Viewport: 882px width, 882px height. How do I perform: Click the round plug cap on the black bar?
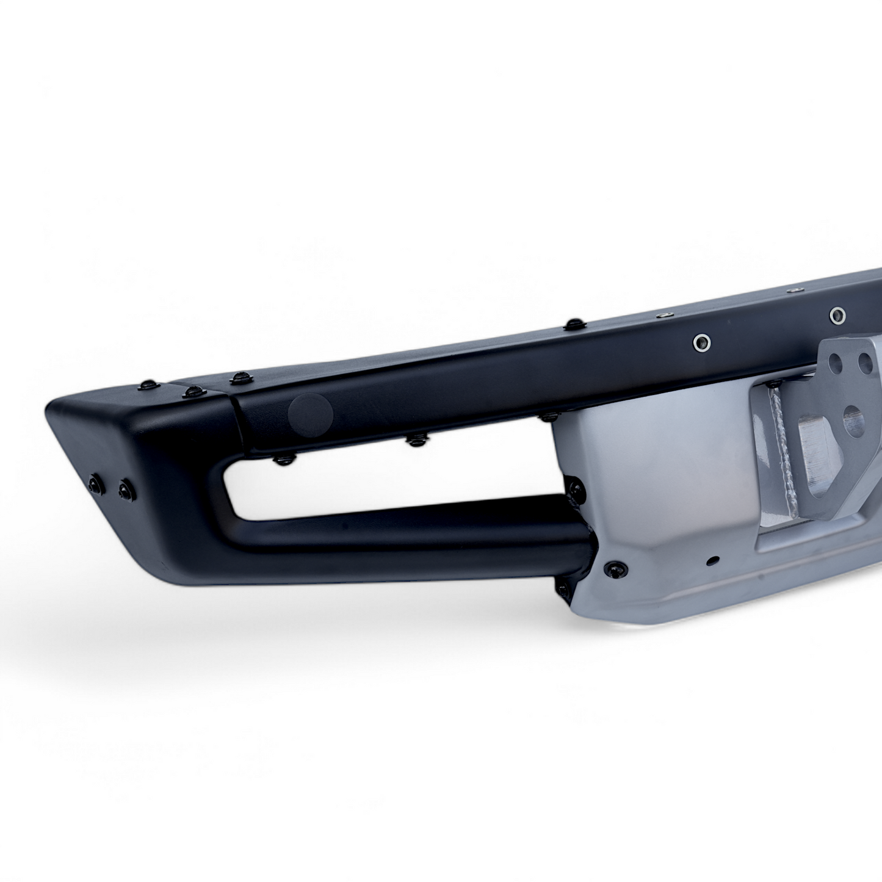[x=310, y=413]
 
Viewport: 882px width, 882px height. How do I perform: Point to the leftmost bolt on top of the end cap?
[x=148, y=385]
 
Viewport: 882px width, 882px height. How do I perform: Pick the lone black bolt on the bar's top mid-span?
[x=572, y=324]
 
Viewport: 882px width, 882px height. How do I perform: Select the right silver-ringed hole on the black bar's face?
[x=837, y=315]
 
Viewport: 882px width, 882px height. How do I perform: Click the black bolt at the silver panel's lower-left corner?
[x=613, y=569]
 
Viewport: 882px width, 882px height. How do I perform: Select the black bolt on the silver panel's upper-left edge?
[x=575, y=486]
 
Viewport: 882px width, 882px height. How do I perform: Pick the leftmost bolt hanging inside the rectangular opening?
[x=281, y=460]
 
